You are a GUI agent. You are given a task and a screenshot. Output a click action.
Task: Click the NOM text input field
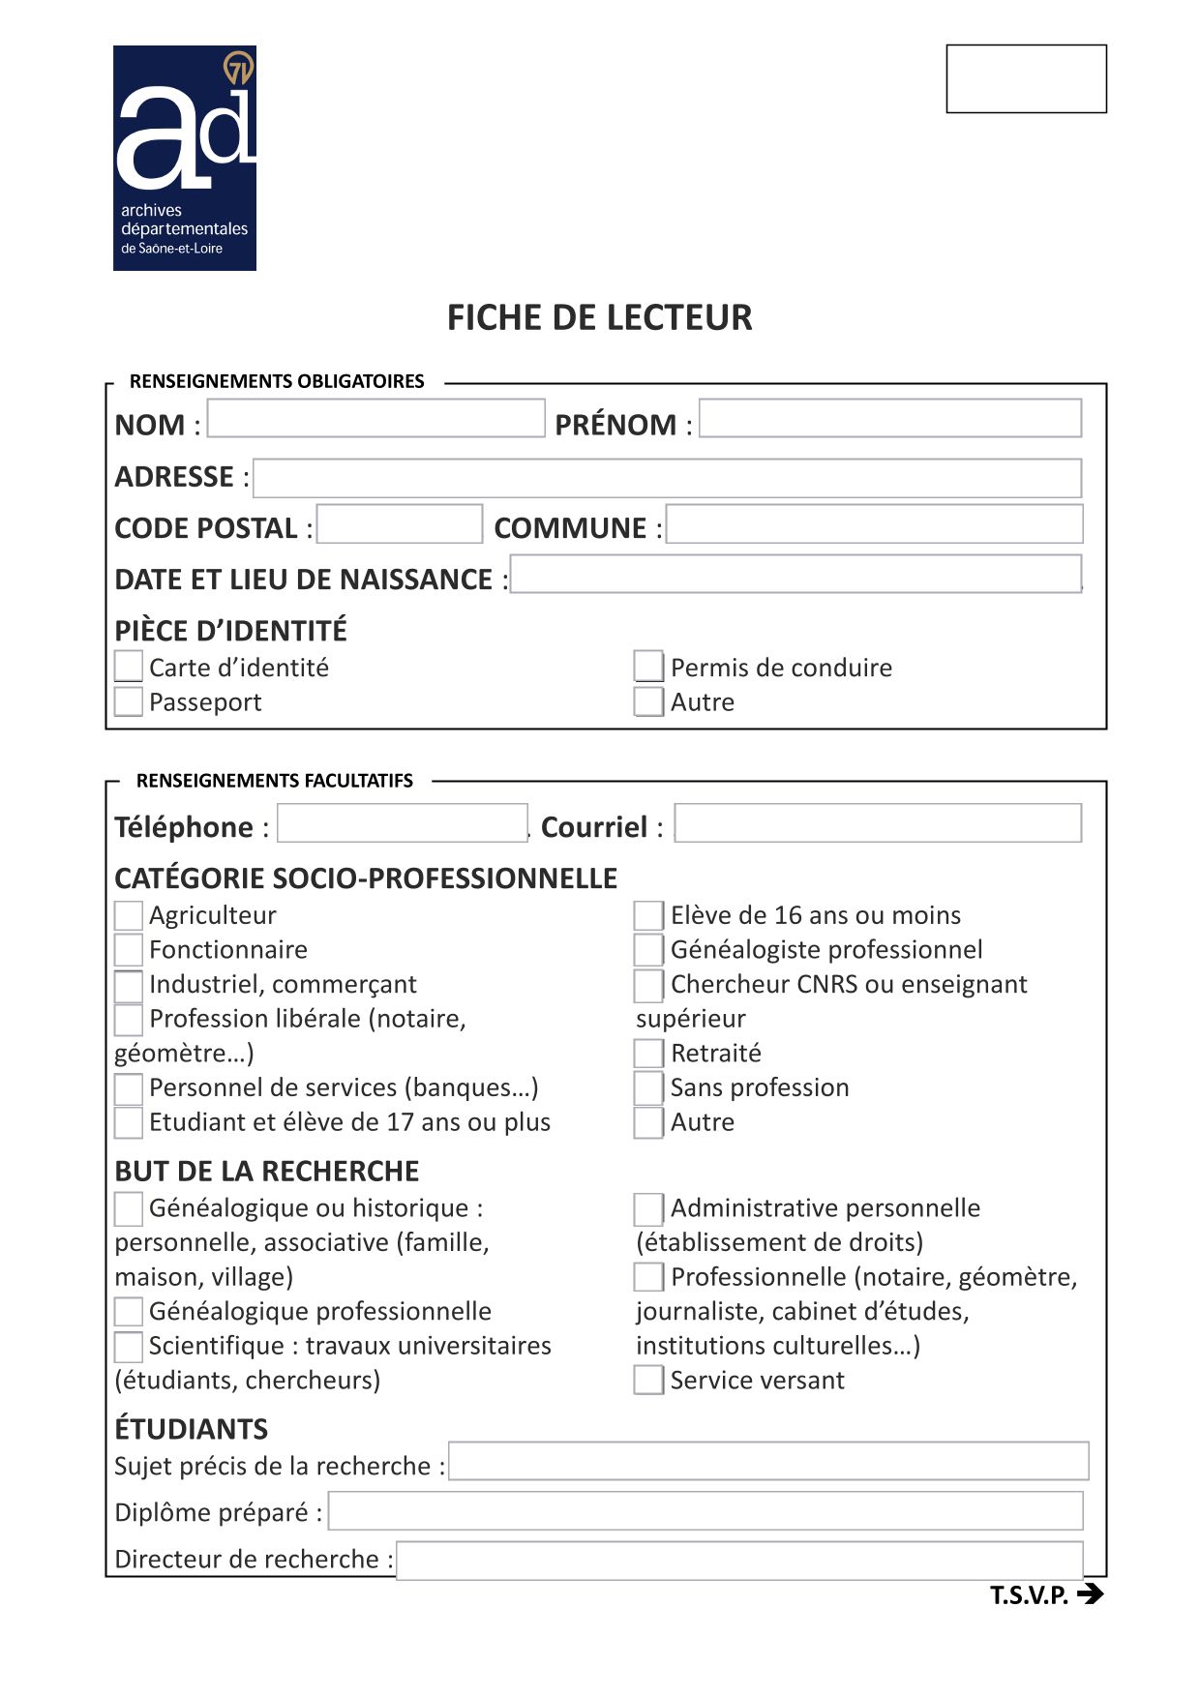tap(375, 419)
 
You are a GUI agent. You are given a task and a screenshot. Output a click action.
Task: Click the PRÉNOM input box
tap(889, 419)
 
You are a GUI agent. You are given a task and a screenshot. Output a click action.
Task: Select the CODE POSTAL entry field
tap(399, 524)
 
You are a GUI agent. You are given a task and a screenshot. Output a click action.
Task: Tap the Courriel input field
tap(877, 823)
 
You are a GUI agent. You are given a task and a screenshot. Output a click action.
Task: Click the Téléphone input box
tap(403, 823)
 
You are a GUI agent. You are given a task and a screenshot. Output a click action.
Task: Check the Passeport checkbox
tap(128, 701)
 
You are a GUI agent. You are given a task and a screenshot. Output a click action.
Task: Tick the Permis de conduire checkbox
tap(648, 667)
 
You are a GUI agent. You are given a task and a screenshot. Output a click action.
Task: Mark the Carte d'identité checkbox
tap(128, 667)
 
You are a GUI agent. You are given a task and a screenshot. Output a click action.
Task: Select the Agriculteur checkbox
tap(128, 915)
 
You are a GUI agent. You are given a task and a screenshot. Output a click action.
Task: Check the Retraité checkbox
tap(648, 1053)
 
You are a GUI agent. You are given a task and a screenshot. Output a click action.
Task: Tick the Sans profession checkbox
tap(648, 1087)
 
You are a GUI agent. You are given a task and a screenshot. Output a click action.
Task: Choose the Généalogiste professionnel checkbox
tap(648, 949)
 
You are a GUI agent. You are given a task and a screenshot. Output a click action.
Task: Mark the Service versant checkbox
tap(648, 1380)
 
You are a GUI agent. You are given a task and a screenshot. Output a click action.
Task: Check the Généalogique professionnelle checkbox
tap(128, 1312)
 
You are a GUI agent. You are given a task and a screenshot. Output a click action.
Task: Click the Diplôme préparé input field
tap(705, 1511)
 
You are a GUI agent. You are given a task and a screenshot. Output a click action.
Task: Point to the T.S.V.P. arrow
tap(1090, 1593)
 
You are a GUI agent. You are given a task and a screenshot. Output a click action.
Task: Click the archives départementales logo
tap(185, 158)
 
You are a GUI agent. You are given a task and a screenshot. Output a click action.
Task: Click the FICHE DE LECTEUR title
tap(599, 317)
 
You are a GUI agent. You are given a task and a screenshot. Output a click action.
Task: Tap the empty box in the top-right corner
tap(1026, 78)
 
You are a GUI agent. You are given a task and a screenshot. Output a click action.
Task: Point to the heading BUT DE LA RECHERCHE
tap(267, 1171)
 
